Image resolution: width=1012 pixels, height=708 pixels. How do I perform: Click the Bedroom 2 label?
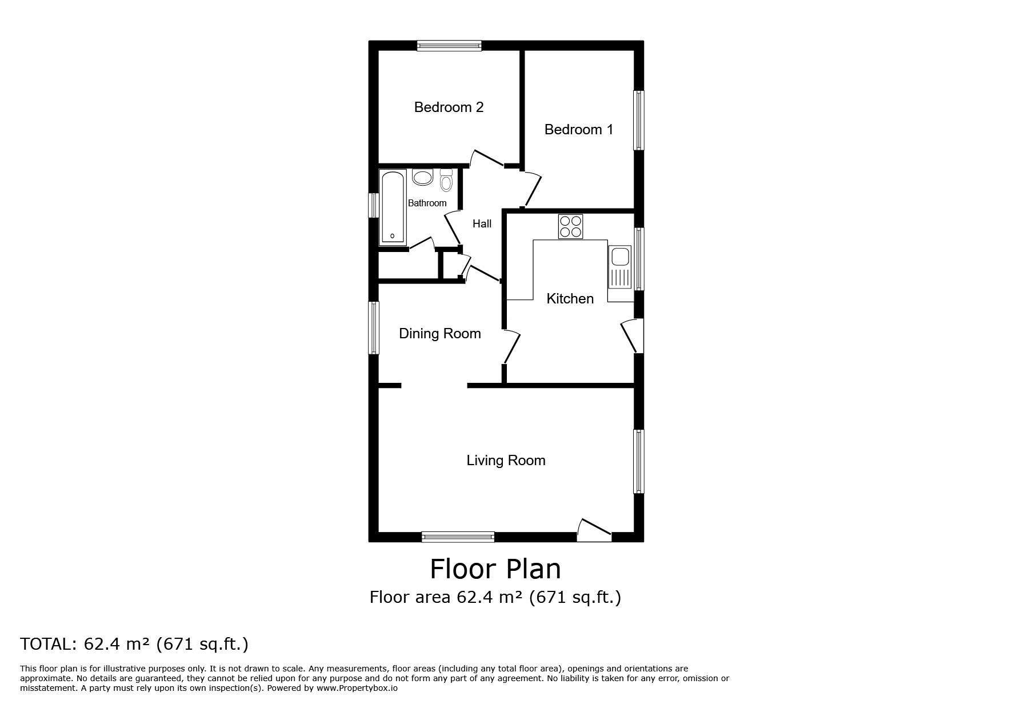[x=449, y=107]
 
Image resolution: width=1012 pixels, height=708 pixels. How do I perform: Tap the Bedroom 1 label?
[x=578, y=130]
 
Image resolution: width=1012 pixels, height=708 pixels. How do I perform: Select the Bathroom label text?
[x=427, y=203]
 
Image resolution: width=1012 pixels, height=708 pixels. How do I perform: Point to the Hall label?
[x=482, y=224]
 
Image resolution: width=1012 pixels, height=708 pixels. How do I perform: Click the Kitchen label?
[x=570, y=299]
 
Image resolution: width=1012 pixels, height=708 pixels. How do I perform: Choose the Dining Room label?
[x=439, y=334]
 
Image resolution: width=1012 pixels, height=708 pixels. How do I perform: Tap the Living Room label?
[x=506, y=461]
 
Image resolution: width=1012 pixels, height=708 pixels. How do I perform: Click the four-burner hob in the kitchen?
[x=570, y=226]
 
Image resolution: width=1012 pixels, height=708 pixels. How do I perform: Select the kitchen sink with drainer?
[x=619, y=267]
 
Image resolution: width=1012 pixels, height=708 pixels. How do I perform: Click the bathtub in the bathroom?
[x=393, y=207]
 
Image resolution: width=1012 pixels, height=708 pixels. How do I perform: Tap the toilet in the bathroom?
[x=446, y=180]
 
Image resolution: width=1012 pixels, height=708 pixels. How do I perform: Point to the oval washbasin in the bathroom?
[x=423, y=178]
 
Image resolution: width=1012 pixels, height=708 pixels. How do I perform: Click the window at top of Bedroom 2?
[x=449, y=46]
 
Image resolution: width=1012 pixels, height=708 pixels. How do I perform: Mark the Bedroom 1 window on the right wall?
[x=639, y=120]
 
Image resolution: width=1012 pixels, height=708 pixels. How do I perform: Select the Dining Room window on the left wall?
[x=373, y=327]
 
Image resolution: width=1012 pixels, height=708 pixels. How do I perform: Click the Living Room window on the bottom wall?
[x=458, y=537]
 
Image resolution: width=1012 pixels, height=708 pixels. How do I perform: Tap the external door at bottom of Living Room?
[x=594, y=531]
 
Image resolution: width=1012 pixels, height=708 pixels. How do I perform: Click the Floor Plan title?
[x=495, y=569]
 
